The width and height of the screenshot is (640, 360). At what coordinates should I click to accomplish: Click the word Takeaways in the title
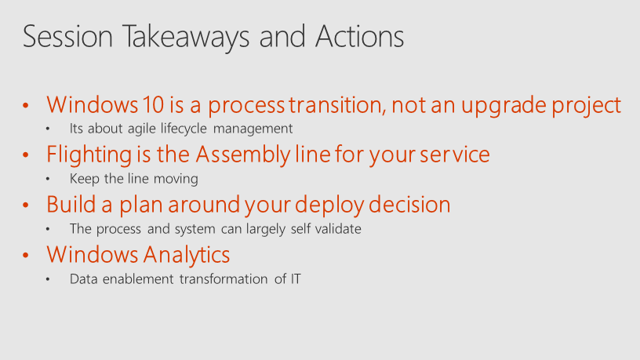pos(186,37)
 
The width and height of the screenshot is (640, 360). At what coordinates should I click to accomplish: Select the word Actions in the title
pos(359,36)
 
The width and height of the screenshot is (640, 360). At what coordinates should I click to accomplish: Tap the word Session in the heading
pos(67,36)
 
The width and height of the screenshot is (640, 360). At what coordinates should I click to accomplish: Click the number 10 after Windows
pos(154,104)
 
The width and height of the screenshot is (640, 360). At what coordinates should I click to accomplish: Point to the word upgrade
pos(504,105)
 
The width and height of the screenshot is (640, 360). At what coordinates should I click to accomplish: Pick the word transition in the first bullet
pos(337,104)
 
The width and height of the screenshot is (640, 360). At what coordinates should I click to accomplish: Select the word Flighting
pos(89,155)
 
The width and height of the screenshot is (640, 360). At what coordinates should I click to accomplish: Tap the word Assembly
pos(243,155)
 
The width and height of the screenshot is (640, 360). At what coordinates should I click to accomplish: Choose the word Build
pos(71,205)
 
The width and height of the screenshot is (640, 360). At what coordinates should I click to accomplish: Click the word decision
pos(409,205)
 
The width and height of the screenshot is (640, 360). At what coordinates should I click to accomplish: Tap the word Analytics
pos(187,255)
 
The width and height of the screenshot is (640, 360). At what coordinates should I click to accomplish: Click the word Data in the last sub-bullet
pos(84,279)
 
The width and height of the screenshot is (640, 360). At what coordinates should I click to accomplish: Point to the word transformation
pos(224,279)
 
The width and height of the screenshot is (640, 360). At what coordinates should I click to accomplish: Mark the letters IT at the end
pos(296,279)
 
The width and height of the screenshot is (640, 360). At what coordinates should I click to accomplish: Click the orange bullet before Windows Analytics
pos(26,256)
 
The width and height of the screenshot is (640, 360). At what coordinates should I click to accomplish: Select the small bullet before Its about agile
pos(48,129)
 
